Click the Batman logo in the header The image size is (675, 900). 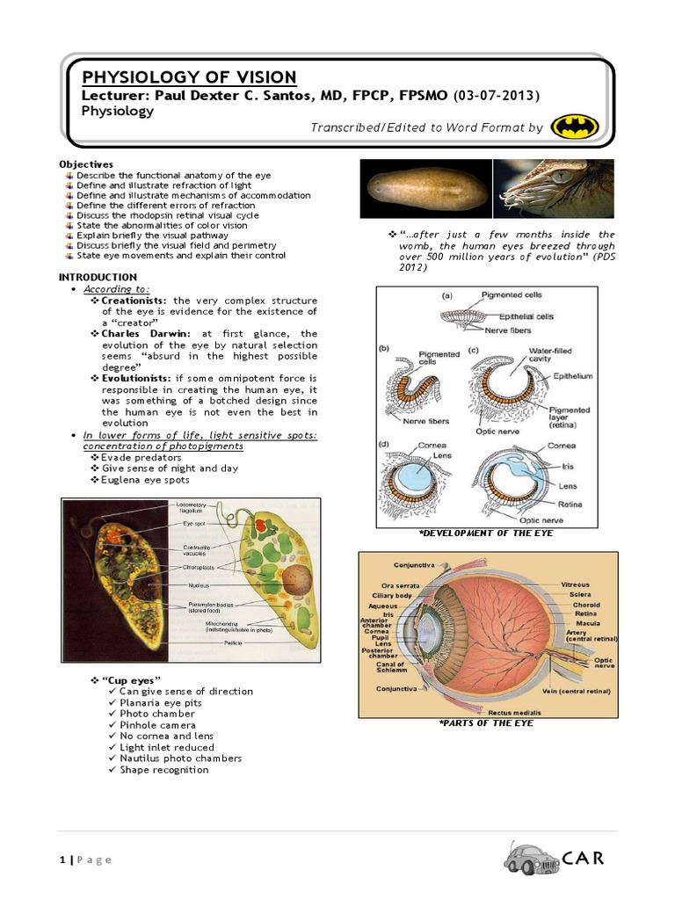(x=575, y=127)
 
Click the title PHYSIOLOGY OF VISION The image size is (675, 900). (x=189, y=77)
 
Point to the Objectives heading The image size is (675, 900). (x=86, y=164)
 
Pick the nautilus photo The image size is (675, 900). (x=554, y=187)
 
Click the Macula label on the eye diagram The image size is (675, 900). (x=587, y=624)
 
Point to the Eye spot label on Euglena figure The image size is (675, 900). (x=194, y=523)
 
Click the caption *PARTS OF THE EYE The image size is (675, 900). (x=486, y=723)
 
